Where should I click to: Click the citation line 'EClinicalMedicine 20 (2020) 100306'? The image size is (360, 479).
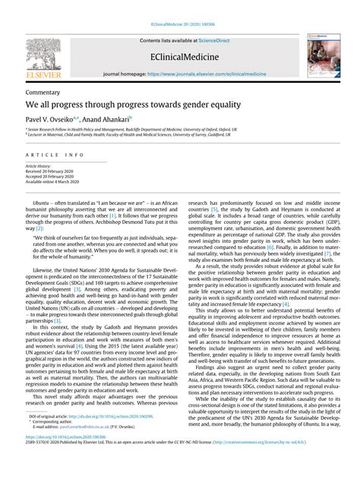click(180, 24)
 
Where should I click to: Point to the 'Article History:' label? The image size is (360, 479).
click(39, 165)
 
